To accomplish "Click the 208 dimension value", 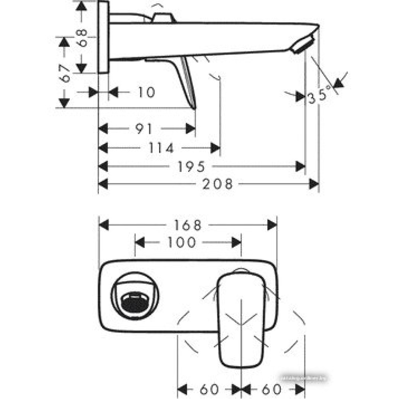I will click(217, 184).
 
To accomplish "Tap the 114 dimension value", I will click(161, 148).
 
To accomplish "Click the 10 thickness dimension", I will click(146, 93).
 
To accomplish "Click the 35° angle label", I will click(320, 96).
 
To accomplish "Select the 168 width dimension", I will click(187, 225).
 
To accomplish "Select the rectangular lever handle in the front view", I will click(241, 319).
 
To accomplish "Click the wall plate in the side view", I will click(103, 37).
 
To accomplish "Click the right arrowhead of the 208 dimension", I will click(315, 184).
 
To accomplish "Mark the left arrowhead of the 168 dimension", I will click(103, 225).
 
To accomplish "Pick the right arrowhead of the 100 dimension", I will click(237, 242).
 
